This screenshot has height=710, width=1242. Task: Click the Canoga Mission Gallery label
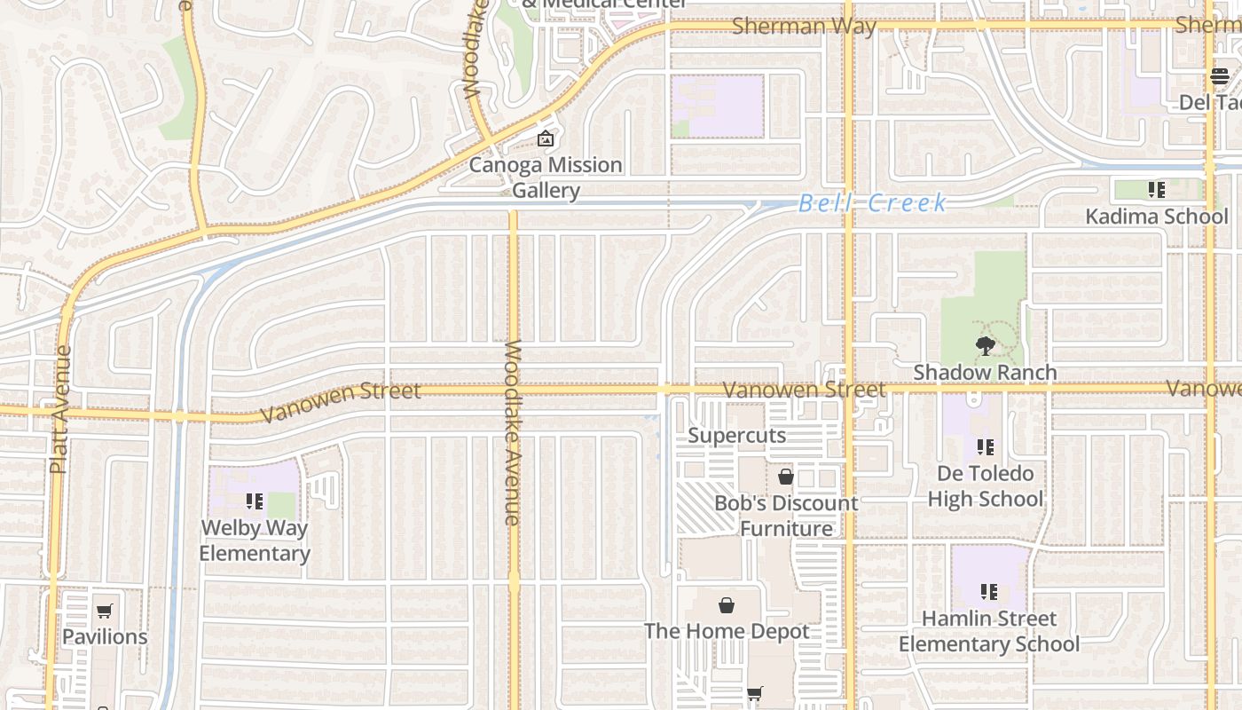(x=546, y=177)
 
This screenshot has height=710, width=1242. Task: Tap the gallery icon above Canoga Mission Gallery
(x=546, y=139)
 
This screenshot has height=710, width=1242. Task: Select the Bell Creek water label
(x=873, y=203)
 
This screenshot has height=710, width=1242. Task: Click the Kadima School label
(x=1157, y=217)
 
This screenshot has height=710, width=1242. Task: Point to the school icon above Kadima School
(x=1156, y=189)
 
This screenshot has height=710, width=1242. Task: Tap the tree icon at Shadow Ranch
(x=985, y=346)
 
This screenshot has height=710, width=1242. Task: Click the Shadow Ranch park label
(x=985, y=372)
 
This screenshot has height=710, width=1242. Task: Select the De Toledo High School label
(x=985, y=486)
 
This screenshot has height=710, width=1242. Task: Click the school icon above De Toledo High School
(x=985, y=446)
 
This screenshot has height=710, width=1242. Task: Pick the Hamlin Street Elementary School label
(x=989, y=631)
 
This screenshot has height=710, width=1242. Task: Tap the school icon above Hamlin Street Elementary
(x=989, y=591)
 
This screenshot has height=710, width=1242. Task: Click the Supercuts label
(x=737, y=436)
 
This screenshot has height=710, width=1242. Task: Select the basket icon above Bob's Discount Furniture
(x=785, y=477)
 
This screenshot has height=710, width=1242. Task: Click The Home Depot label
(x=727, y=631)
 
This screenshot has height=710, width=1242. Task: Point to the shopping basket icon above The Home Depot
(x=727, y=605)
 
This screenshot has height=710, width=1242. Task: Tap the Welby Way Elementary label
(x=255, y=540)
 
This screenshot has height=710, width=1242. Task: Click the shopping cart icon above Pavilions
(x=105, y=611)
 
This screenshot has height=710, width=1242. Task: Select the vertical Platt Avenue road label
(x=60, y=409)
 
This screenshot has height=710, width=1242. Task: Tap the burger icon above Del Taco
(x=1219, y=77)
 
